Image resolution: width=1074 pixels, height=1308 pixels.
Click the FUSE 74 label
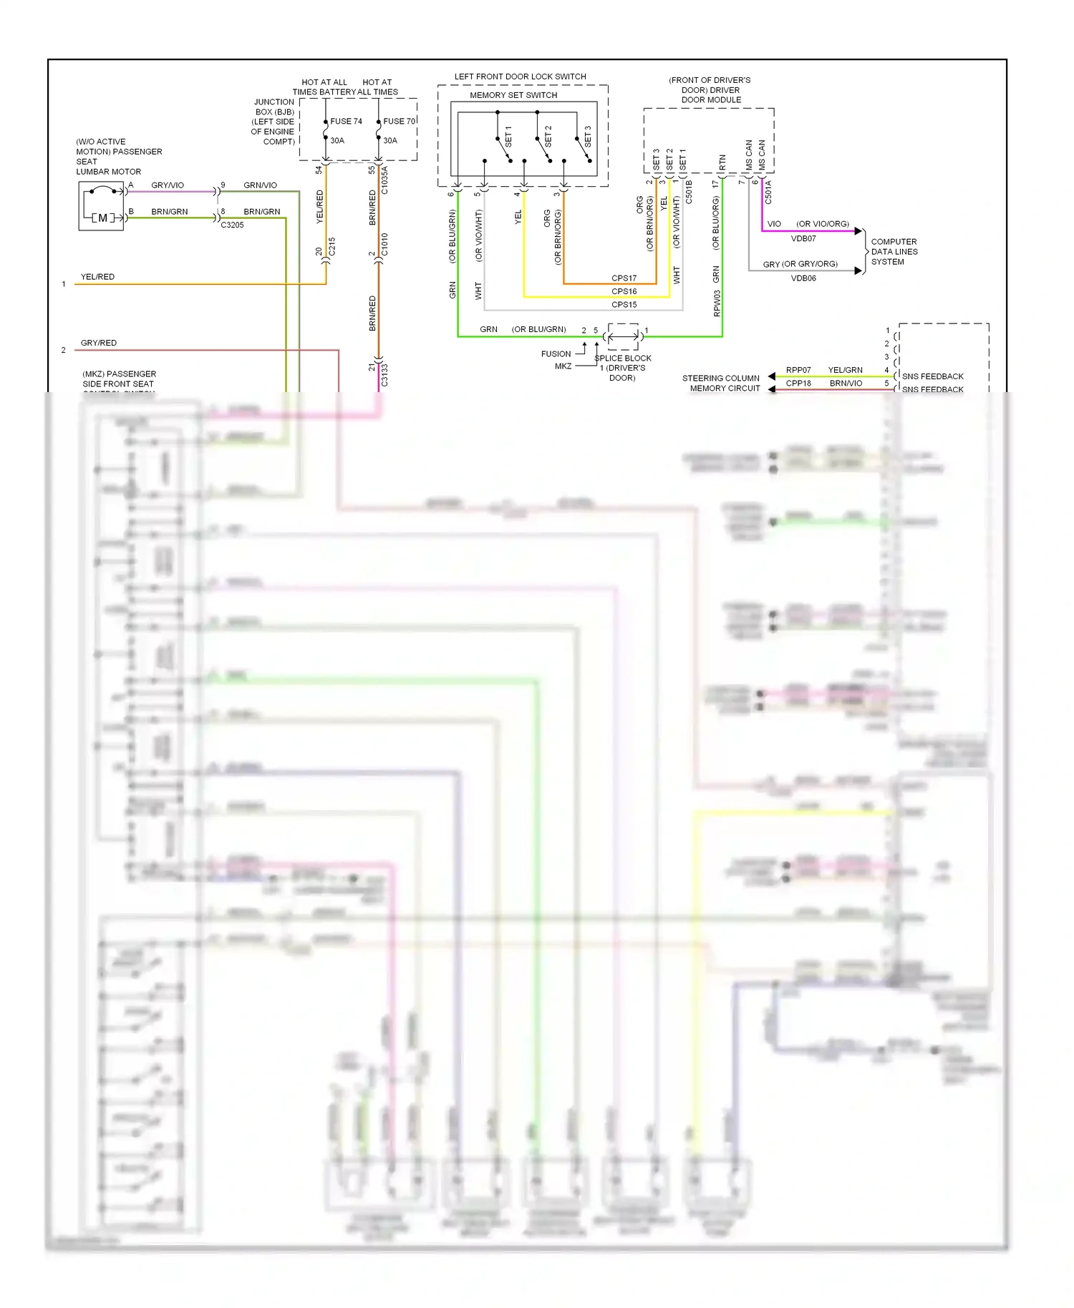point(346,122)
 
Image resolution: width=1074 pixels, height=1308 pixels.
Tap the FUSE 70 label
point(399,122)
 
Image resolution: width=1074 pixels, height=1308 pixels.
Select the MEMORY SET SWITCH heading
point(513,95)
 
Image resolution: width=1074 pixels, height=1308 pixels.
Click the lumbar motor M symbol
point(102,218)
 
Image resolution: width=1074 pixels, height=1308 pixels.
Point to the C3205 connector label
point(232,225)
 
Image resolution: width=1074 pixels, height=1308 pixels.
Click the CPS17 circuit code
point(624,278)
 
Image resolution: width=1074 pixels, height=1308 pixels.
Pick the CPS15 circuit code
point(624,305)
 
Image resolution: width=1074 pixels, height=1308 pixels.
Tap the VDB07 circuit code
point(803,239)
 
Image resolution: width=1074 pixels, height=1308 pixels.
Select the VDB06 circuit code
point(803,278)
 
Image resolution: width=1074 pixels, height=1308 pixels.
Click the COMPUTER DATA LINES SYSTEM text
point(894,252)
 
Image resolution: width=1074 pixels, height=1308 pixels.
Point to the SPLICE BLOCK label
point(623,358)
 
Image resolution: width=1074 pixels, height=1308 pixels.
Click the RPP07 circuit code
point(798,371)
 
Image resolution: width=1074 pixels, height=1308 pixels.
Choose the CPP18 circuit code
point(798,384)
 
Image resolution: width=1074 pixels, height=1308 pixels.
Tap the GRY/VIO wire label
point(168,185)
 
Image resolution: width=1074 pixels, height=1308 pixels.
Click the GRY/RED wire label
point(99,343)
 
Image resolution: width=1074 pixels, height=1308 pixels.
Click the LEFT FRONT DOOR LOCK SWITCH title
point(520,77)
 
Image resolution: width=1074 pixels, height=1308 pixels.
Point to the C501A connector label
point(768,192)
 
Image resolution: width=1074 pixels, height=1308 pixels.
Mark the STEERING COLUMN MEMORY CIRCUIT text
point(721,384)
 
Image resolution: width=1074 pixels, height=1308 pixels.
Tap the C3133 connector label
point(385,375)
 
